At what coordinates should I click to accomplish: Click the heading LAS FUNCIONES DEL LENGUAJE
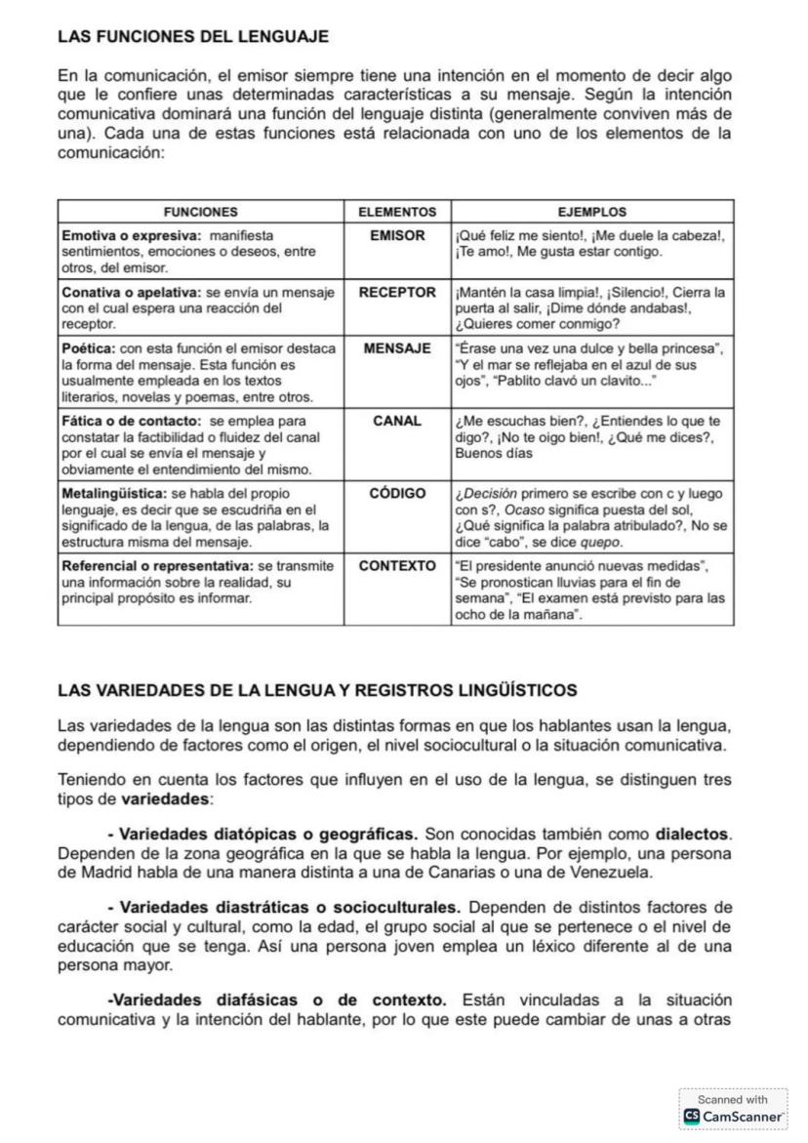(x=193, y=37)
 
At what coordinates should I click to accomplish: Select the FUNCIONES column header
(x=200, y=211)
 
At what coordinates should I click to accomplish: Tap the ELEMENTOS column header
(x=396, y=211)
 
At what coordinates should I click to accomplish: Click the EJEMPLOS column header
(x=591, y=211)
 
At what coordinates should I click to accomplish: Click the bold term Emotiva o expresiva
(x=131, y=235)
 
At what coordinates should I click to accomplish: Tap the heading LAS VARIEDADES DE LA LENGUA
(x=317, y=690)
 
